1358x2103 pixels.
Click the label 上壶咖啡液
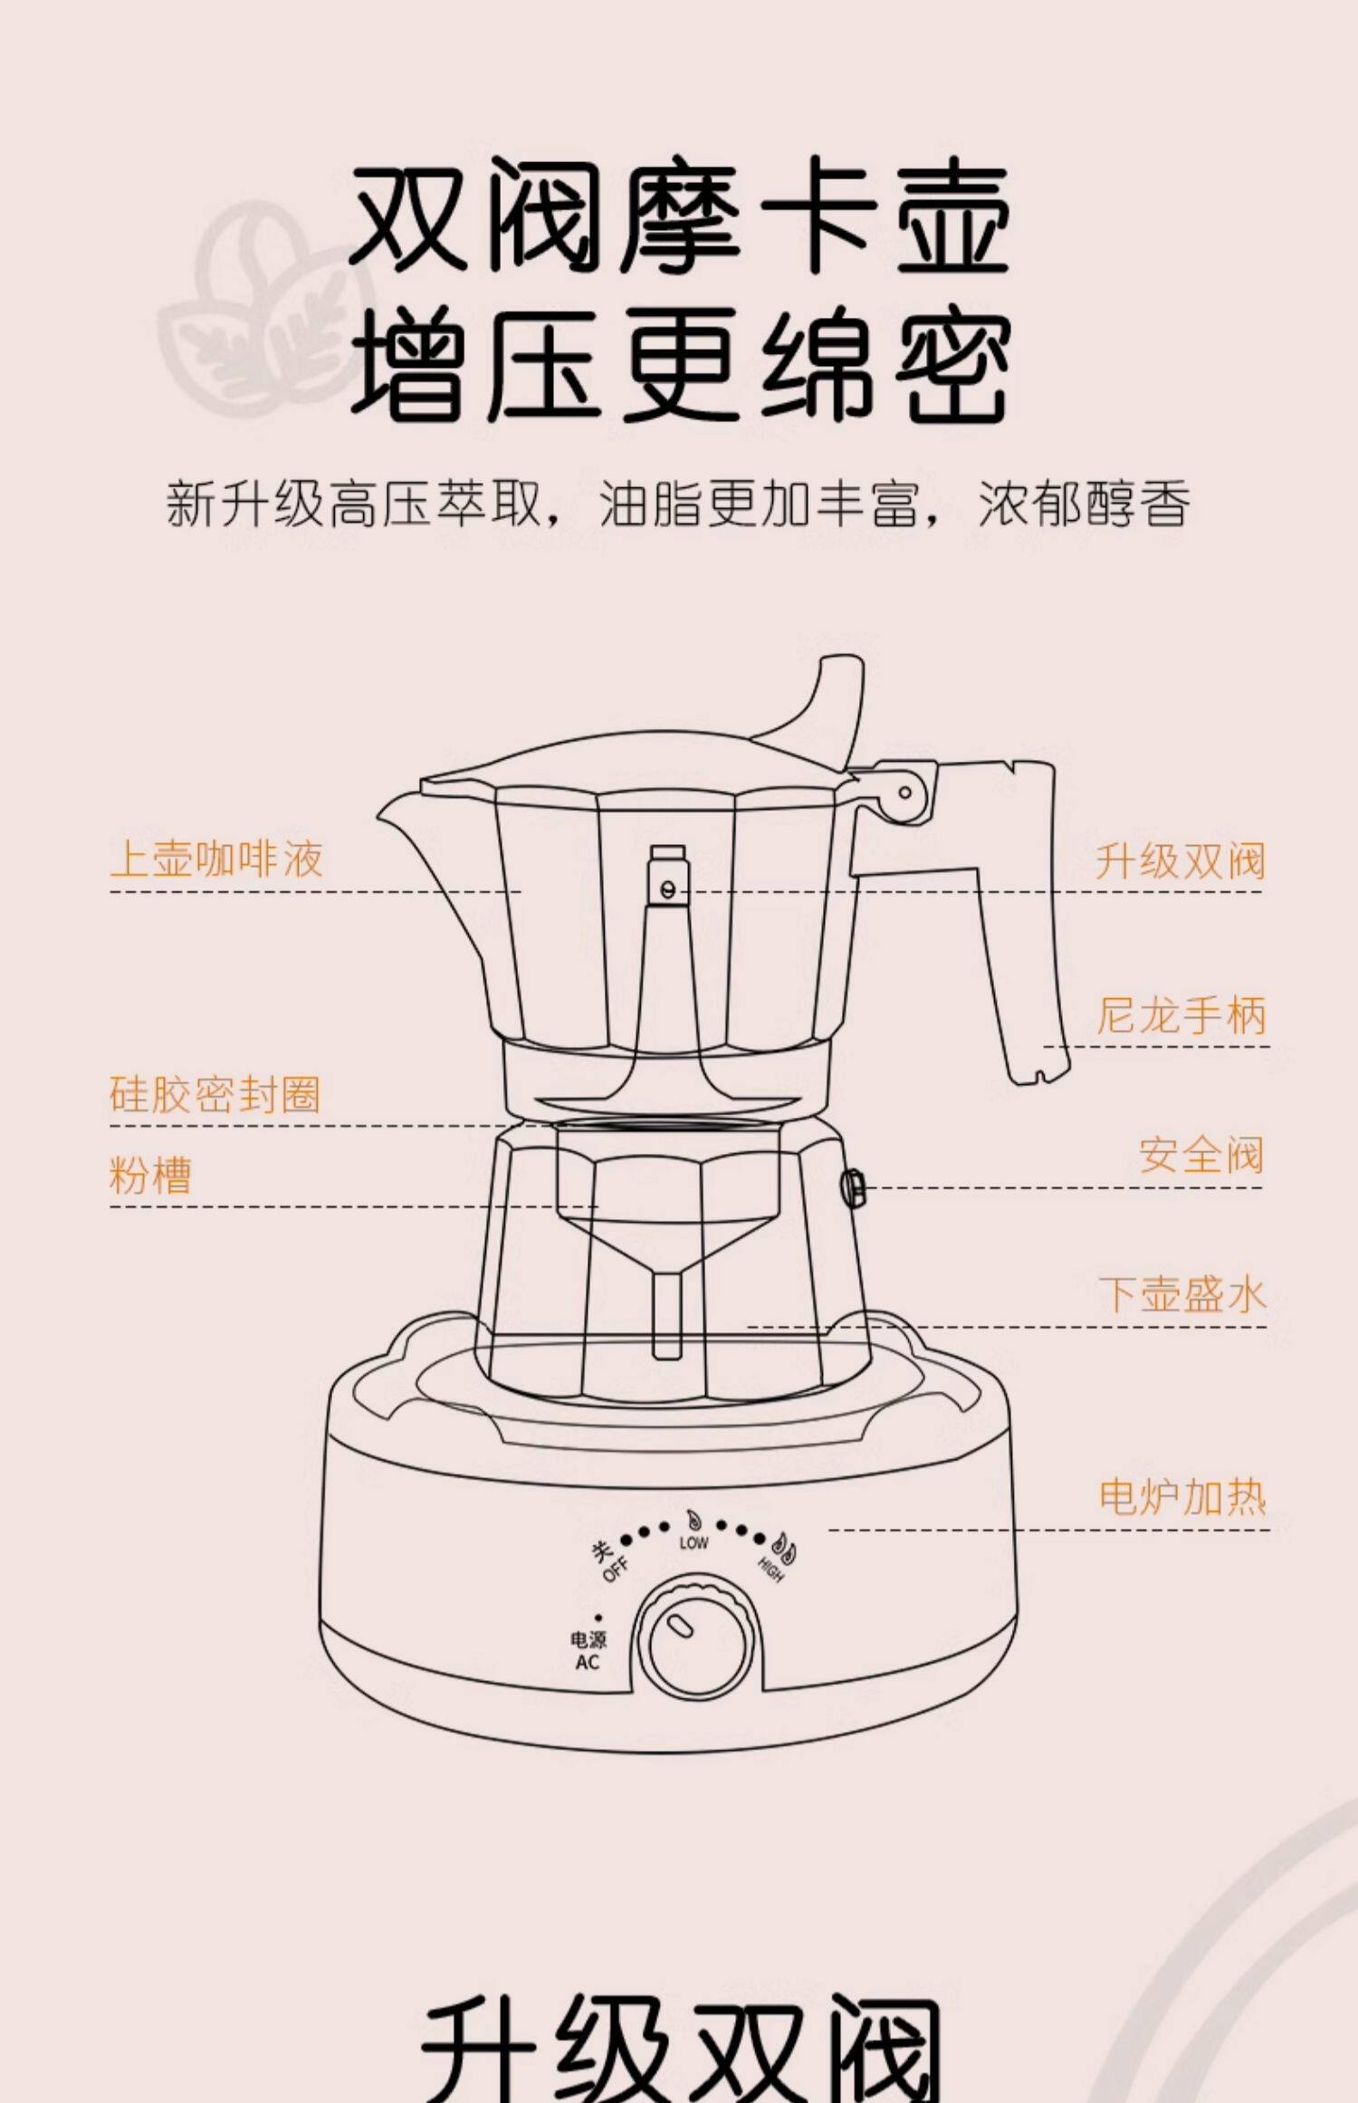point(215,859)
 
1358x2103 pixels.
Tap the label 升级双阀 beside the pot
point(1180,860)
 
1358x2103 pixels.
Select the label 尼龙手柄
point(1181,1015)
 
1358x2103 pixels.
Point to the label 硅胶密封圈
point(215,1094)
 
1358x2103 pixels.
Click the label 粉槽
point(150,1176)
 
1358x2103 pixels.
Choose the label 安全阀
point(1200,1155)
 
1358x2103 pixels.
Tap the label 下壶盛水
point(1181,1294)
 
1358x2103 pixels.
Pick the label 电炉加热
point(1181,1496)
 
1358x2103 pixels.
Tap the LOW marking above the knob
point(693,1542)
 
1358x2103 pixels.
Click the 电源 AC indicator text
point(588,1650)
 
